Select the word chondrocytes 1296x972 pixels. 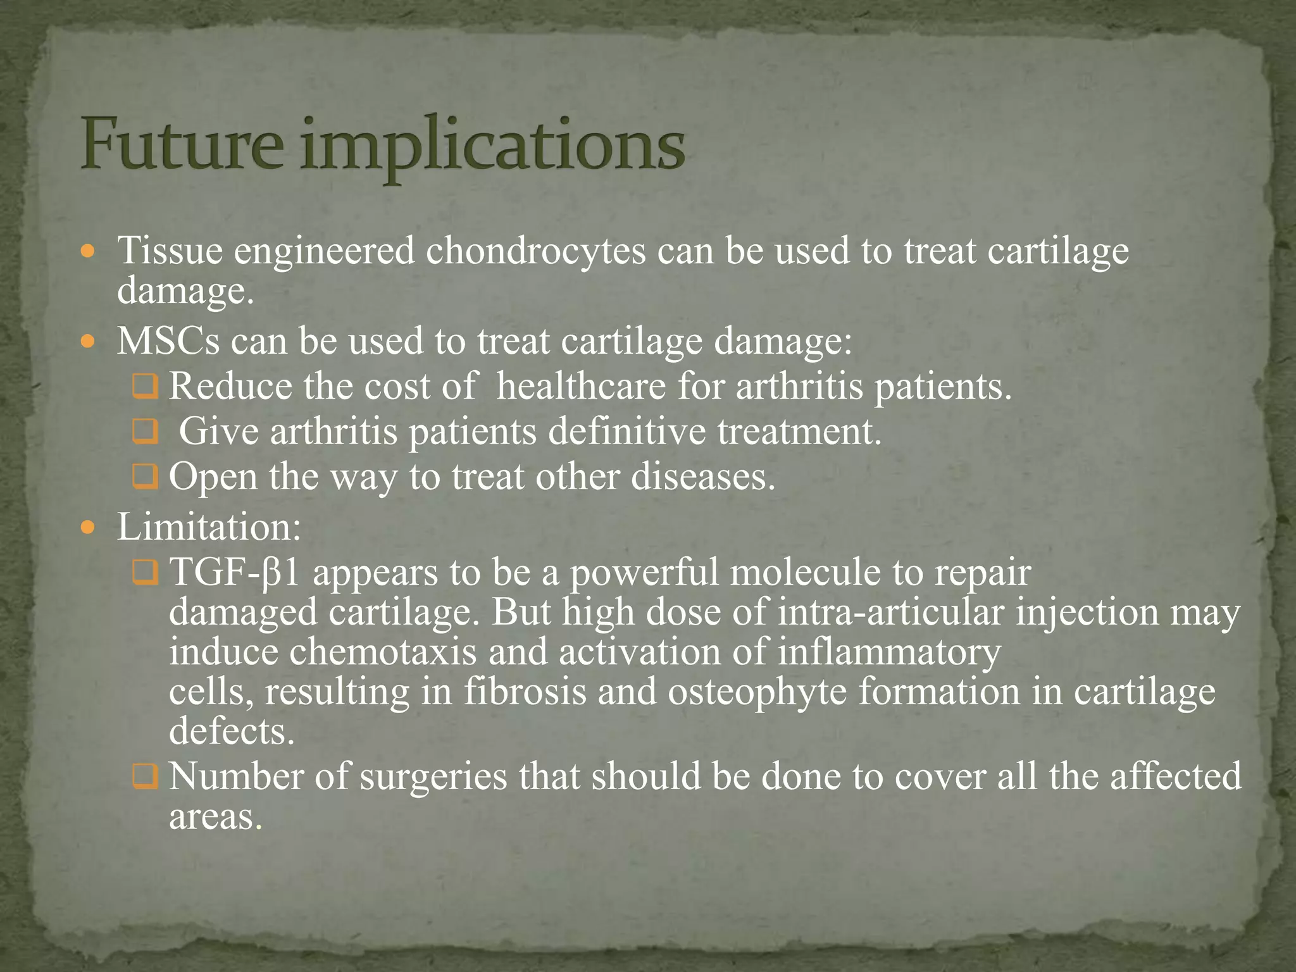[535, 251]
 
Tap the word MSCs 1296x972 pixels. [168, 341]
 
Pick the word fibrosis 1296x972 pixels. [525, 692]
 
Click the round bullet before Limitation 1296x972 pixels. [89, 526]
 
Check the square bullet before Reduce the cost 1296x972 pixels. [145, 387]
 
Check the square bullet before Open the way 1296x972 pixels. [145, 478]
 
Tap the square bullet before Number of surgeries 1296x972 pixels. [145, 777]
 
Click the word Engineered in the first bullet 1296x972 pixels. [324, 252]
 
